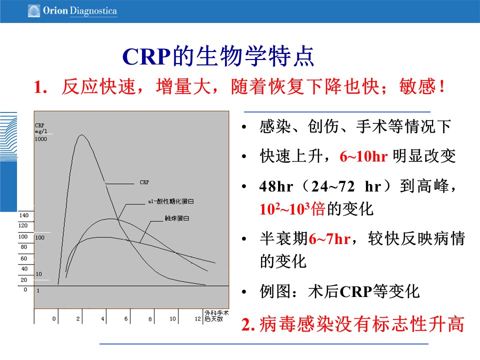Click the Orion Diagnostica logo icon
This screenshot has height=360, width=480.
click(34, 10)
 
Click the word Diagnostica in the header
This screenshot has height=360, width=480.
click(93, 11)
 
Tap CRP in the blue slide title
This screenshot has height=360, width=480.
click(146, 56)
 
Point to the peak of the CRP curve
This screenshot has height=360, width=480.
click(81, 135)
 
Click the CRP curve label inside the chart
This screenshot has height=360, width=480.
click(144, 182)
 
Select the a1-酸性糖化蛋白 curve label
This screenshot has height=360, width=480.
click(171, 201)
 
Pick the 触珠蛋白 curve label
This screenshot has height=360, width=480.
click(177, 218)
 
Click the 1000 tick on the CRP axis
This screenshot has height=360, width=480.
click(41, 139)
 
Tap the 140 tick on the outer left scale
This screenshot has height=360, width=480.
click(24, 215)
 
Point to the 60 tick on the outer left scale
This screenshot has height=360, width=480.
click(24, 258)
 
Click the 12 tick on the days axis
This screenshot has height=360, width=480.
click(198, 318)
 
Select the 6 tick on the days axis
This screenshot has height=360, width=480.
click(126, 318)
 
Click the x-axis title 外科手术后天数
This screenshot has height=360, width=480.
click(216, 316)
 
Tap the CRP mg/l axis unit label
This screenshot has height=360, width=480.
click(41, 128)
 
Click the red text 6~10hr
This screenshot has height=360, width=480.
click(363, 156)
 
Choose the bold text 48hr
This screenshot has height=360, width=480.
click(276, 186)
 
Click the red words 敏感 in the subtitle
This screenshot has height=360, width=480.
click(417, 86)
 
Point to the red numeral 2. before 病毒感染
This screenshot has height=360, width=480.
click(248, 324)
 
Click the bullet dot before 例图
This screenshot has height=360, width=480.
click(244, 292)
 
